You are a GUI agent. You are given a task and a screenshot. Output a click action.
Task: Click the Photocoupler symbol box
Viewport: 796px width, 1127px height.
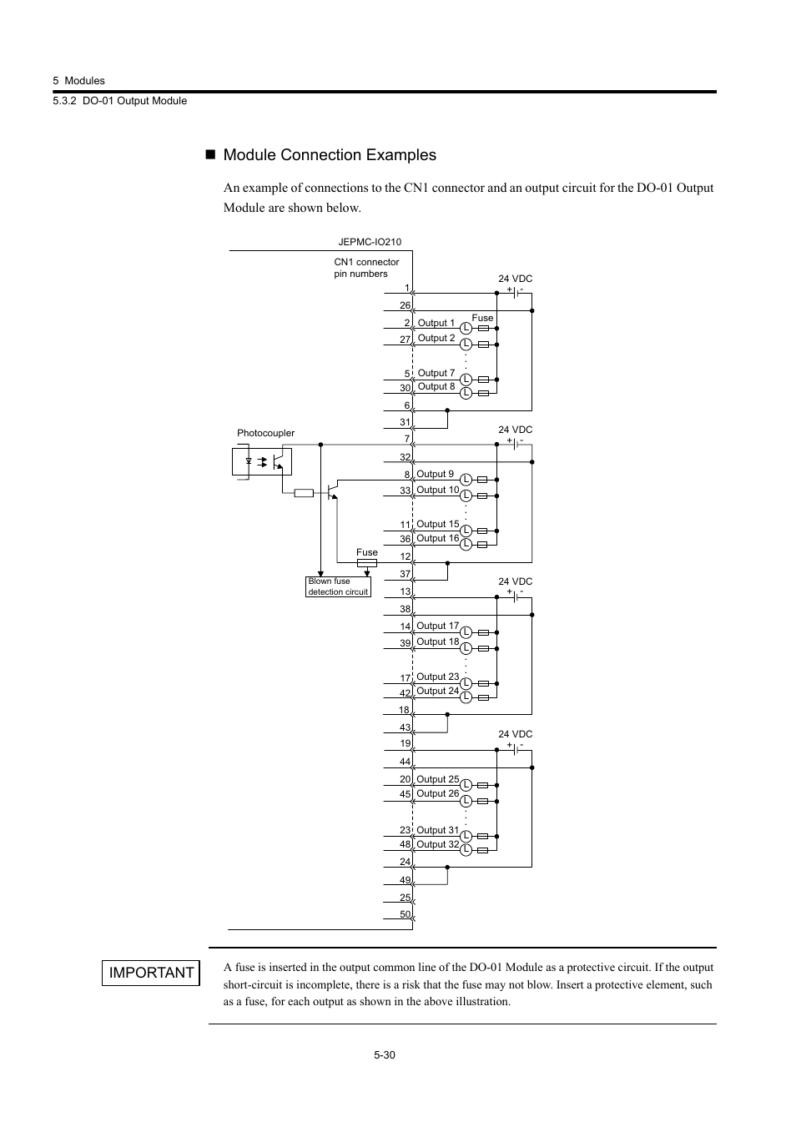pyautogui.click(x=261, y=461)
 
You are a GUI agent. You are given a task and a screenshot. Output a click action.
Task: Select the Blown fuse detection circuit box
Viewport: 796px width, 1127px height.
pyautogui.click(x=338, y=586)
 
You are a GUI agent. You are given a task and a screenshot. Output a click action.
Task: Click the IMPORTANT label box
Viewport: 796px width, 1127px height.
pyautogui.click(x=151, y=973)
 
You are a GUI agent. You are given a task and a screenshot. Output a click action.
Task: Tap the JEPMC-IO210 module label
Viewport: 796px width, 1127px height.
pyautogui.click(x=370, y=242)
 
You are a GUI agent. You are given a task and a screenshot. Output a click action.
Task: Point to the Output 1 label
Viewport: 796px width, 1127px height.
pyautogui.click(x=436, y=323)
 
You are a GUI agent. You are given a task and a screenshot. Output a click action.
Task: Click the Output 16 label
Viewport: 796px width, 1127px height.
pyautogui.click(x=437, y=538)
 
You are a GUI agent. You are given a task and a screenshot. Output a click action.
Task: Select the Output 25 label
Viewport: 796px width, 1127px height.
pyautogui.click(x=437, y=779)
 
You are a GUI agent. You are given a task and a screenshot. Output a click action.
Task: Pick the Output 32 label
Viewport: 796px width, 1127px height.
pyautogui.click(x=437, y=844)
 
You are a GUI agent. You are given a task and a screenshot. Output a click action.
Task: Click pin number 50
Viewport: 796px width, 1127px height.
pyautogui.click(x=405, y=914)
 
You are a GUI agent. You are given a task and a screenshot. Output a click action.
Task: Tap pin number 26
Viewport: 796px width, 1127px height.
pyautogui.click(x=405, y=305)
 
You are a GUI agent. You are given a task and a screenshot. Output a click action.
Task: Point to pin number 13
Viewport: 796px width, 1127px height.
pyautogui.click(x=405, y=591)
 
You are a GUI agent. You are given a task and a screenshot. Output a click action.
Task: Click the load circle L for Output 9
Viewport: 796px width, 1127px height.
pyautogui.click(x=466, y=480)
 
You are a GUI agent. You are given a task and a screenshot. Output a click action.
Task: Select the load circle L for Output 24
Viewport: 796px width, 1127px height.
pyautogui.click(x=466, y=697)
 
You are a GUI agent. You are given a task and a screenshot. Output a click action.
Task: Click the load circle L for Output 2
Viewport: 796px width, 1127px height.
pyautogui.click(x=466, y=344)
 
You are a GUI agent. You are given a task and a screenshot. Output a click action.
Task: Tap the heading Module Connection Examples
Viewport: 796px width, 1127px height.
pyautogui.click(x=330, y=155)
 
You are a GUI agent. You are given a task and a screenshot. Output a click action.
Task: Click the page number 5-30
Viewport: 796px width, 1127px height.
pyautogui.click(x=385, y=1055)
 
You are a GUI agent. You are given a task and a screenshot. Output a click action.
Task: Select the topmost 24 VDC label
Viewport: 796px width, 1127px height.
pyautogui.click(x=515, y=279)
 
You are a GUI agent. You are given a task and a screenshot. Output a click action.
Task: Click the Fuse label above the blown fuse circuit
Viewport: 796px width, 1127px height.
pyautogui.click(x=367, y=552)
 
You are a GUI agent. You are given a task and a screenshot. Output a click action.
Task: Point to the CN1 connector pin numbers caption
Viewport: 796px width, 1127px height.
pyautogui.click(x=366, y=268)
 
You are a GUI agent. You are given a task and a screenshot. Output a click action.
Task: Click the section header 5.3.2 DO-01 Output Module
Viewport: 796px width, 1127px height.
pyautogui.click(x=119, y=101)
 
